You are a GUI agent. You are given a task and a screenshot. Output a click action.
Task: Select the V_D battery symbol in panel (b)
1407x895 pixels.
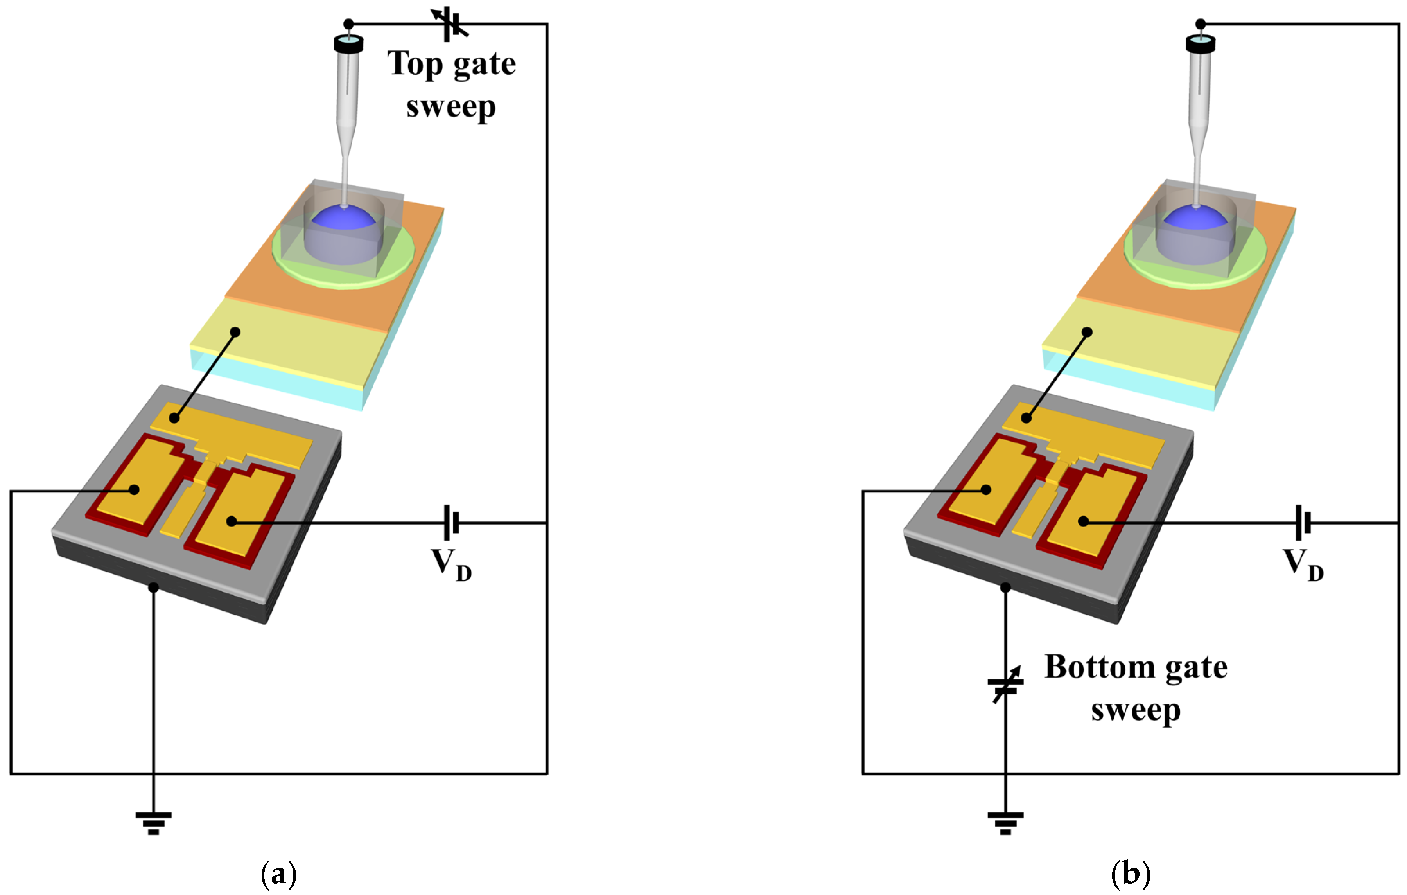1303,522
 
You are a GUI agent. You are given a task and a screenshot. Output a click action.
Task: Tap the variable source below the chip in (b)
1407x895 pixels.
1005,685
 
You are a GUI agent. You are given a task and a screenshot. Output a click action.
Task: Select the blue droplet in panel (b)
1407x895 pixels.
1195,219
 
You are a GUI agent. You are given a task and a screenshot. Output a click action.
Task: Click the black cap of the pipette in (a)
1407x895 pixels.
349,44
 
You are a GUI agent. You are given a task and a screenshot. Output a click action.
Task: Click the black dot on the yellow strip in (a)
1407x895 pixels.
235,332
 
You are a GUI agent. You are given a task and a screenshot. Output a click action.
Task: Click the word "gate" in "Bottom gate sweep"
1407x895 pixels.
1196,668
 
